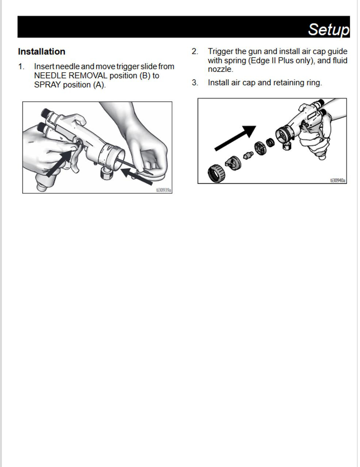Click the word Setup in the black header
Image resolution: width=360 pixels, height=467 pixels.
(x=328, y=29)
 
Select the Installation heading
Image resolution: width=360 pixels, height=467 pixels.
(x=42, y=51)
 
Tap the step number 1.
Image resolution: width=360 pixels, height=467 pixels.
(x=21, y=67)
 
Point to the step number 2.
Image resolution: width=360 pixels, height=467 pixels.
(x=195, y=51)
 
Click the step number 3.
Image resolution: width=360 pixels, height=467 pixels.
(x=195, y=83)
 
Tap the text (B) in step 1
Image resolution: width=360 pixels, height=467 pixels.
(x=145, y=76)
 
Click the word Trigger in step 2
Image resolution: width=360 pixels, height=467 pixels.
(x=221, y=51)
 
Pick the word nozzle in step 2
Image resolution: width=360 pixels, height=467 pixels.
(x=220, y=69)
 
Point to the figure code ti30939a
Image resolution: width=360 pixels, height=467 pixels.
(x=164, y=190)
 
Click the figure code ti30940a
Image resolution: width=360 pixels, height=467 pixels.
(x=338, y=180)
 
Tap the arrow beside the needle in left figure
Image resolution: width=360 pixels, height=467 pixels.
(x=137, y=176)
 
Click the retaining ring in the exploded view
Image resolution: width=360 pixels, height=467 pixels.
(x=216, y=173)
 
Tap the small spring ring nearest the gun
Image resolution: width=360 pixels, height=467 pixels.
(x=270, y=142)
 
